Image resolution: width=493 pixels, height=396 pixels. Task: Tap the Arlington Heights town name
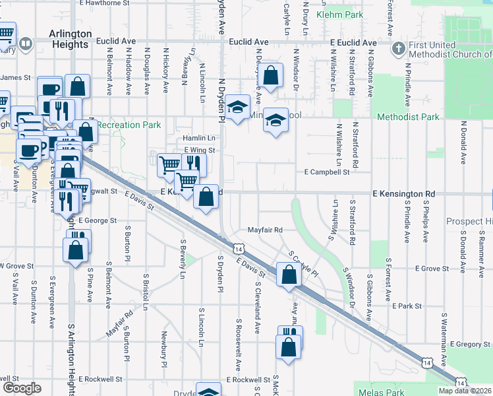pos(69,39)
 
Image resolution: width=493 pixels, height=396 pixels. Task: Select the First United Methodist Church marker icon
pos(398,49)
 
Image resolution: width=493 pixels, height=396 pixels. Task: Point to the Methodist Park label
pos(408,117)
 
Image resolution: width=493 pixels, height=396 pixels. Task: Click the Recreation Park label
pos(129,124)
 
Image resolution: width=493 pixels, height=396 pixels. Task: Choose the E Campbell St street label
pos(326,172)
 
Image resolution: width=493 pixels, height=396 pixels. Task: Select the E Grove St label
pos(431,269)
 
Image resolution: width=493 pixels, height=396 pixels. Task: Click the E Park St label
pos(407,306)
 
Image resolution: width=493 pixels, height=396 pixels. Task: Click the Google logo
pos(22,388)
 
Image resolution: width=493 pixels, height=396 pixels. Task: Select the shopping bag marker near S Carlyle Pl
pos(289,274)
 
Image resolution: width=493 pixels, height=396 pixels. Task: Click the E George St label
pos(97,220)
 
